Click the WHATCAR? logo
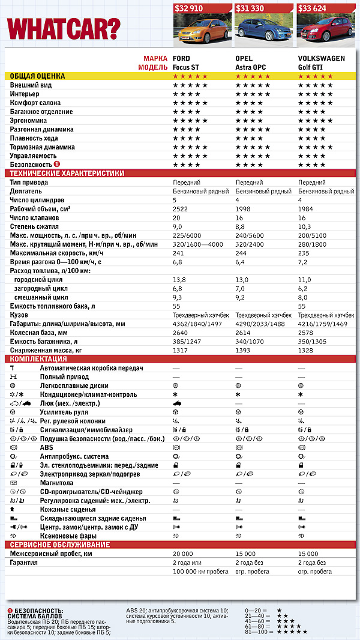click(63, 27)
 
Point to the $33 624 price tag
click(319, 8)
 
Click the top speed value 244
click(241, 253)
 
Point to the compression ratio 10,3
click(305, 226)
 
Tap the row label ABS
click(46, 447)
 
